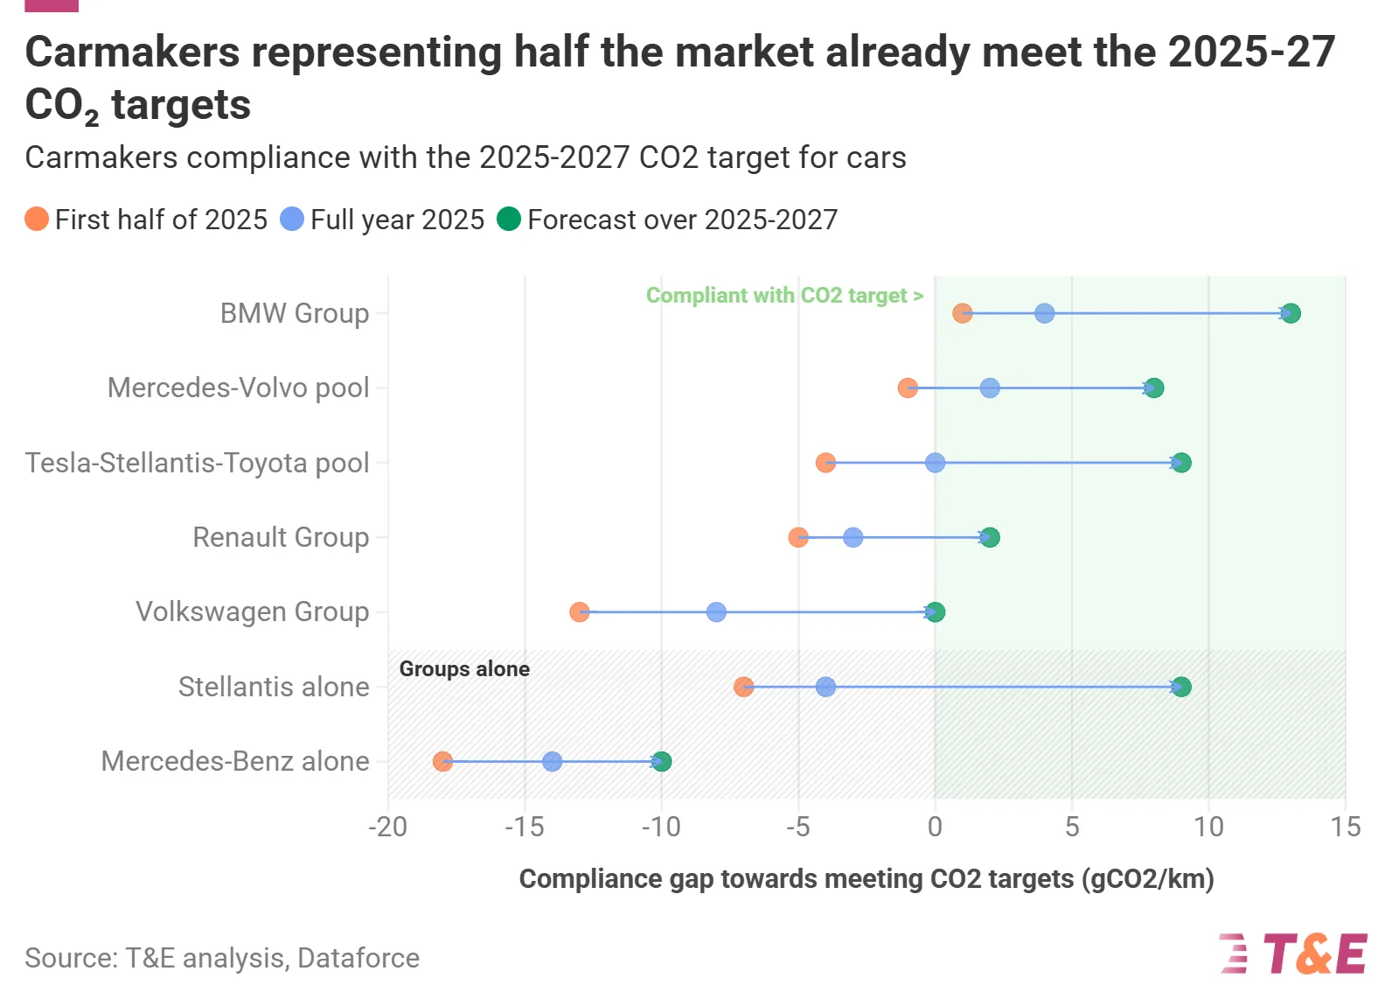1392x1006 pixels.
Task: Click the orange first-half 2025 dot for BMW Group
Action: click(962, 313)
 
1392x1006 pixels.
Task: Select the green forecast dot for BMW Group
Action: click(1291, 313)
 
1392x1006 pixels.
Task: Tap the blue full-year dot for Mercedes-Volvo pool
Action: click(989, 388)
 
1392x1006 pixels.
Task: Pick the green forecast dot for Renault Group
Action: click(990, 537)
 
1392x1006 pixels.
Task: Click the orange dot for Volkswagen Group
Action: click(579, 612)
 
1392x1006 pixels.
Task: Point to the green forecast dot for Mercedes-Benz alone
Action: click(662, 762)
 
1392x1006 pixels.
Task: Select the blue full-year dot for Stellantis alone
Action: click(825, 687)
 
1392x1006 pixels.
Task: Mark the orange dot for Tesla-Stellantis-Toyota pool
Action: click(825, 463)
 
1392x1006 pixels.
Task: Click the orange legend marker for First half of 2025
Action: click(37, 219)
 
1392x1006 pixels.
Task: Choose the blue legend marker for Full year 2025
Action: click(292, 219)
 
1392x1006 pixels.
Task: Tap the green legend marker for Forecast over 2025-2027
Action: click(509, 219)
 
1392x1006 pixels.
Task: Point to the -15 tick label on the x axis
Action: click(525, 827)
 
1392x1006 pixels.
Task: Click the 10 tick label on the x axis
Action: click(1208, 827)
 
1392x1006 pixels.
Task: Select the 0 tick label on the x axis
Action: click(935, 827)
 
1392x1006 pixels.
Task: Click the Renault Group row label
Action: click(281, 537)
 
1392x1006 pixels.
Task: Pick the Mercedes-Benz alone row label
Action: click(235, 761)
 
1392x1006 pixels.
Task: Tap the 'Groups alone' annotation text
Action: click(464, 669)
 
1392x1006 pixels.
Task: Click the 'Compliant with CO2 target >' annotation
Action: click(784, 296)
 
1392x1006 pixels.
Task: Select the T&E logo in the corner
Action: click(1293, 954)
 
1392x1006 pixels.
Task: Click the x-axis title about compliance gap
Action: click(867, 879)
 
